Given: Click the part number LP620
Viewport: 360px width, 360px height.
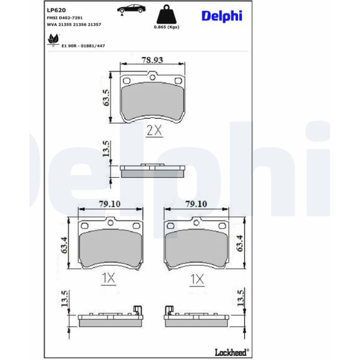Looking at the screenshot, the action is click(56, 10).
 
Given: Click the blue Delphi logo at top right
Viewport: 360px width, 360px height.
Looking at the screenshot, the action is click(222, 16).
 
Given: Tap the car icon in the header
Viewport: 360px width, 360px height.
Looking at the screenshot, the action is click(131, 10).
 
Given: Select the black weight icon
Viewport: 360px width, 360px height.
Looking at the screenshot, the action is click(166, 14).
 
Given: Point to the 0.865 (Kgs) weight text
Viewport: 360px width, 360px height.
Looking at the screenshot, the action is click(166, 27).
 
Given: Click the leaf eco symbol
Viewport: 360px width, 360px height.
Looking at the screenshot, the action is click(53, 39).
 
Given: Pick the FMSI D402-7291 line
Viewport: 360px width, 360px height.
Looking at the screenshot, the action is click(65, 18).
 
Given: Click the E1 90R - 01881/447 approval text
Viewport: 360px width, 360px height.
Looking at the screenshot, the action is click(83, 46).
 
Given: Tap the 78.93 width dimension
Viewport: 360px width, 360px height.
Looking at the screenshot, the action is click(152, 60).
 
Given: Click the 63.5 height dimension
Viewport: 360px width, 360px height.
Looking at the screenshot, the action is click(106, 98).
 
